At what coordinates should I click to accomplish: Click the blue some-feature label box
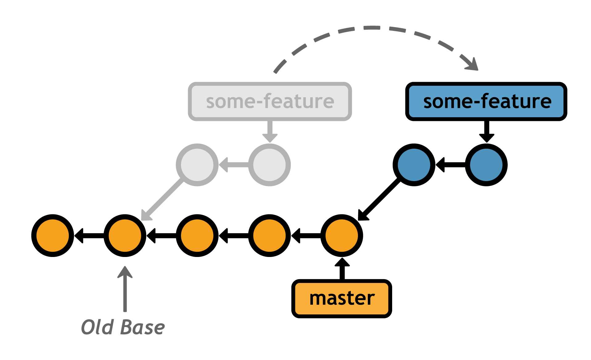pos(486,101)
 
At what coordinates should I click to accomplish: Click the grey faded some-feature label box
pos(270,101)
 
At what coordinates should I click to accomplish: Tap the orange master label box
pos(342,298)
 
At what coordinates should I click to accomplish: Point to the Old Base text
pos(123,327)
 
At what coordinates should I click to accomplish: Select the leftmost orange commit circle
pos(53,236)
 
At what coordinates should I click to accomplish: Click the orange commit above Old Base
pos(125,236)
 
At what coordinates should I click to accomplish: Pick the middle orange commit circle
pos(197,236)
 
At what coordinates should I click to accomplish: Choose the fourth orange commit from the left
pos(269,236)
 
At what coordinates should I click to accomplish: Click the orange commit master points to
pos(342,236)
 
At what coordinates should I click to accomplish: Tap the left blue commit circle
pos(414,165)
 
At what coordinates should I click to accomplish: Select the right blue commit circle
pos(486,165)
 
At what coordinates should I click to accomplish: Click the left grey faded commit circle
pos(197,165)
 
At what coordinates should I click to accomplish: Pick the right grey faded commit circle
pos(269,165)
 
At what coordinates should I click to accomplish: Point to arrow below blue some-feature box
pos(486,131)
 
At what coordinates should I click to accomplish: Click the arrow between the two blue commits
pos(450,165)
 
